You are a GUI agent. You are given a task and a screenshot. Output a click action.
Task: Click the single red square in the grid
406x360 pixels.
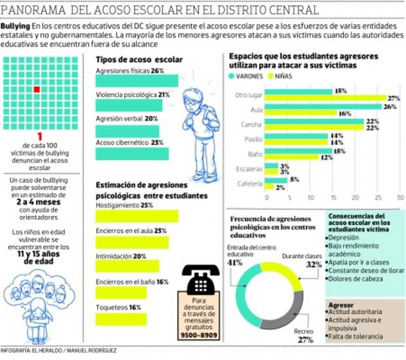point(36,89)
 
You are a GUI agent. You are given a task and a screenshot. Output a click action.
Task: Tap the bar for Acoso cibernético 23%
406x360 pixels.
point(132,154)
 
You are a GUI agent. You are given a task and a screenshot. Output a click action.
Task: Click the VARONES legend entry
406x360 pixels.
point(246,76)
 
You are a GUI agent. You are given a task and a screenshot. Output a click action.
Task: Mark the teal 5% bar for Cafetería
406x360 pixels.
point(276,180)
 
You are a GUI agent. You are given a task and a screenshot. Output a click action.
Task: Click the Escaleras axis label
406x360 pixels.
point(249,169)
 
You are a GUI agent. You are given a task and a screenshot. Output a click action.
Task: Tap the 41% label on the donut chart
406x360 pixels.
point(235,263)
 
